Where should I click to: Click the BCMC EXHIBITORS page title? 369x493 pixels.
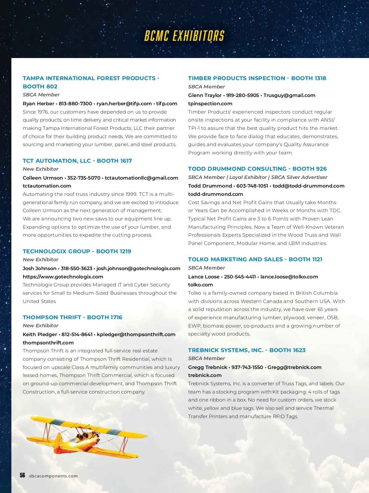[184, 36]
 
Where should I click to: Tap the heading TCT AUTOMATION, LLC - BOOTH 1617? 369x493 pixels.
[77, 161]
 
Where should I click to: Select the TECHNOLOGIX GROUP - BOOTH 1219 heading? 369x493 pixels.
[77, 251]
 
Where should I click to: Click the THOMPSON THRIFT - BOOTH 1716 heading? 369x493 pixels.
[73, 317]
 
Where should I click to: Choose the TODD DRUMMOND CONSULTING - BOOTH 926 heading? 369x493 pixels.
[257, 169]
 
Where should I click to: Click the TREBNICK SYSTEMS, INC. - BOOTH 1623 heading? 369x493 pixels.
[247, 350]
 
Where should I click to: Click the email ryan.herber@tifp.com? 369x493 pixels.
[124, 103]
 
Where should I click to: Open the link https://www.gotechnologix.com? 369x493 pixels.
[63, 277]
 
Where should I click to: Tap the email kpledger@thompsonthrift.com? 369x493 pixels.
[136, 334]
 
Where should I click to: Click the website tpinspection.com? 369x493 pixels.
[210, 103]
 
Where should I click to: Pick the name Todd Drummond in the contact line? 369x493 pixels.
[210, 186]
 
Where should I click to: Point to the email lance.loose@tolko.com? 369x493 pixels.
[289, 277]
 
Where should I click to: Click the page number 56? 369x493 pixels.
[22, 475]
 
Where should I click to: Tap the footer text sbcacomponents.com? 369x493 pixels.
[54, 476]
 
